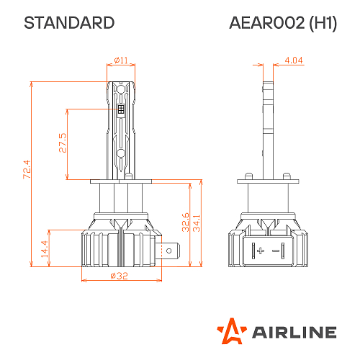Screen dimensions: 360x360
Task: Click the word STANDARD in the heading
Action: pyautogui.click(x=69, y=22)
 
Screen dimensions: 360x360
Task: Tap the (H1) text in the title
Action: pyautogui.click(x=320, y=22)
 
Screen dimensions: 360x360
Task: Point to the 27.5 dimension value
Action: pyautogui.click(x=63, y=144)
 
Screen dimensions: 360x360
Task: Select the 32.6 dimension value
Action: pyautogui.click(x=186, y=221)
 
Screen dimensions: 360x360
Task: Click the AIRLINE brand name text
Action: pyautogui.click(x=293, y=331)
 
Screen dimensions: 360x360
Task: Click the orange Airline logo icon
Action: pyautogui.click(x=230, y=330)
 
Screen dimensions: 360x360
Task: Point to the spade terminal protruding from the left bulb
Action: pyautogui.click(x=171, y=251)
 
